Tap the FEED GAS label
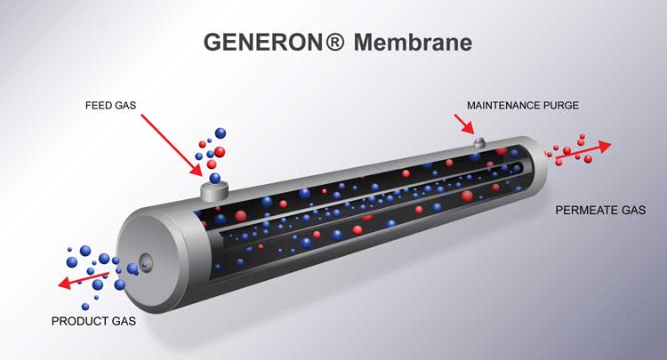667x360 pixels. coord(110,105)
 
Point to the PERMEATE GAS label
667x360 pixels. coord(600,211)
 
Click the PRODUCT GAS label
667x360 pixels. coord(93,321)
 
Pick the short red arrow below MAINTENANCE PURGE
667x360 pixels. coord(465,124)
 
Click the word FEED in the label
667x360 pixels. coord(98,105)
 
